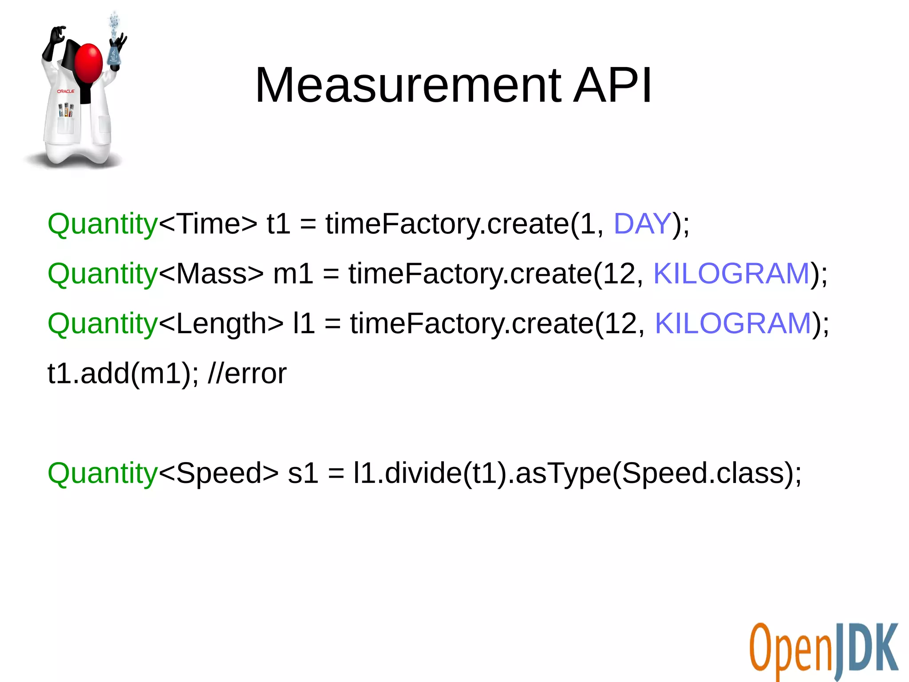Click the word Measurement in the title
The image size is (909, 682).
tap(408, 85)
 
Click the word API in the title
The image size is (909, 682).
tap(613, 85)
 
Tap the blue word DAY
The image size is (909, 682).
tap(642, 223)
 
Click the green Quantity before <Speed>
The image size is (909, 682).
tap(103, 474)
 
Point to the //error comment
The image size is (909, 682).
tap(247, 374)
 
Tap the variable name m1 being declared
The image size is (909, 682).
tap(293, 274)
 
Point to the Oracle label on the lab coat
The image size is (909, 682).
tap(66, 91)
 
